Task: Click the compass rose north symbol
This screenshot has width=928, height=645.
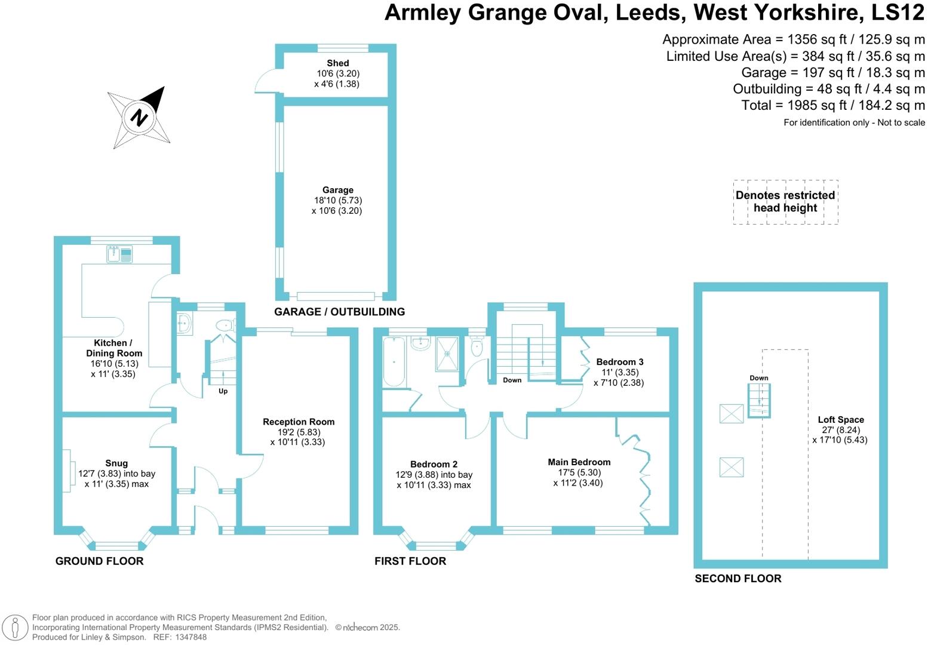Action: click(x=139, y=116)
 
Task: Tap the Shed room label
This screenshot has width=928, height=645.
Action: click(x=337, y=63)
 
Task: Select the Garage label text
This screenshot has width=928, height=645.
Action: click(x=337, y=190)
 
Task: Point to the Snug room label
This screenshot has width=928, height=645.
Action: click(x=116, y=463)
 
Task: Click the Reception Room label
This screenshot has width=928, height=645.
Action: click(x=299, y=422)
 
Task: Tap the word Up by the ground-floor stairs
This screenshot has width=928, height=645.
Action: click(x=223, y=391)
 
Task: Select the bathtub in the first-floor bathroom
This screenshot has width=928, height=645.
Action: click(x=394, y=362)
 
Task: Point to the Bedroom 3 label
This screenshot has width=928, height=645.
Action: click(x=620, y=362)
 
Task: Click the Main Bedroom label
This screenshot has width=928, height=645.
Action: click(x=579, y=462)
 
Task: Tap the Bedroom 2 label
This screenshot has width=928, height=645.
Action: click(x=434, y=464)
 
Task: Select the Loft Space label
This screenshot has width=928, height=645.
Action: click(x=841, y=419)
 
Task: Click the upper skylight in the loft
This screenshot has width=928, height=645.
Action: click(x=732, y=413)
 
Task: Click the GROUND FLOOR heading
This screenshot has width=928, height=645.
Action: click(x=99, y=561)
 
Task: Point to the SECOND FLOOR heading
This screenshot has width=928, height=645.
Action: click(x=738, y=578)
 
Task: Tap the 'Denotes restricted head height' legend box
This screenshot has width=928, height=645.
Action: click(x=785, y=202)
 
